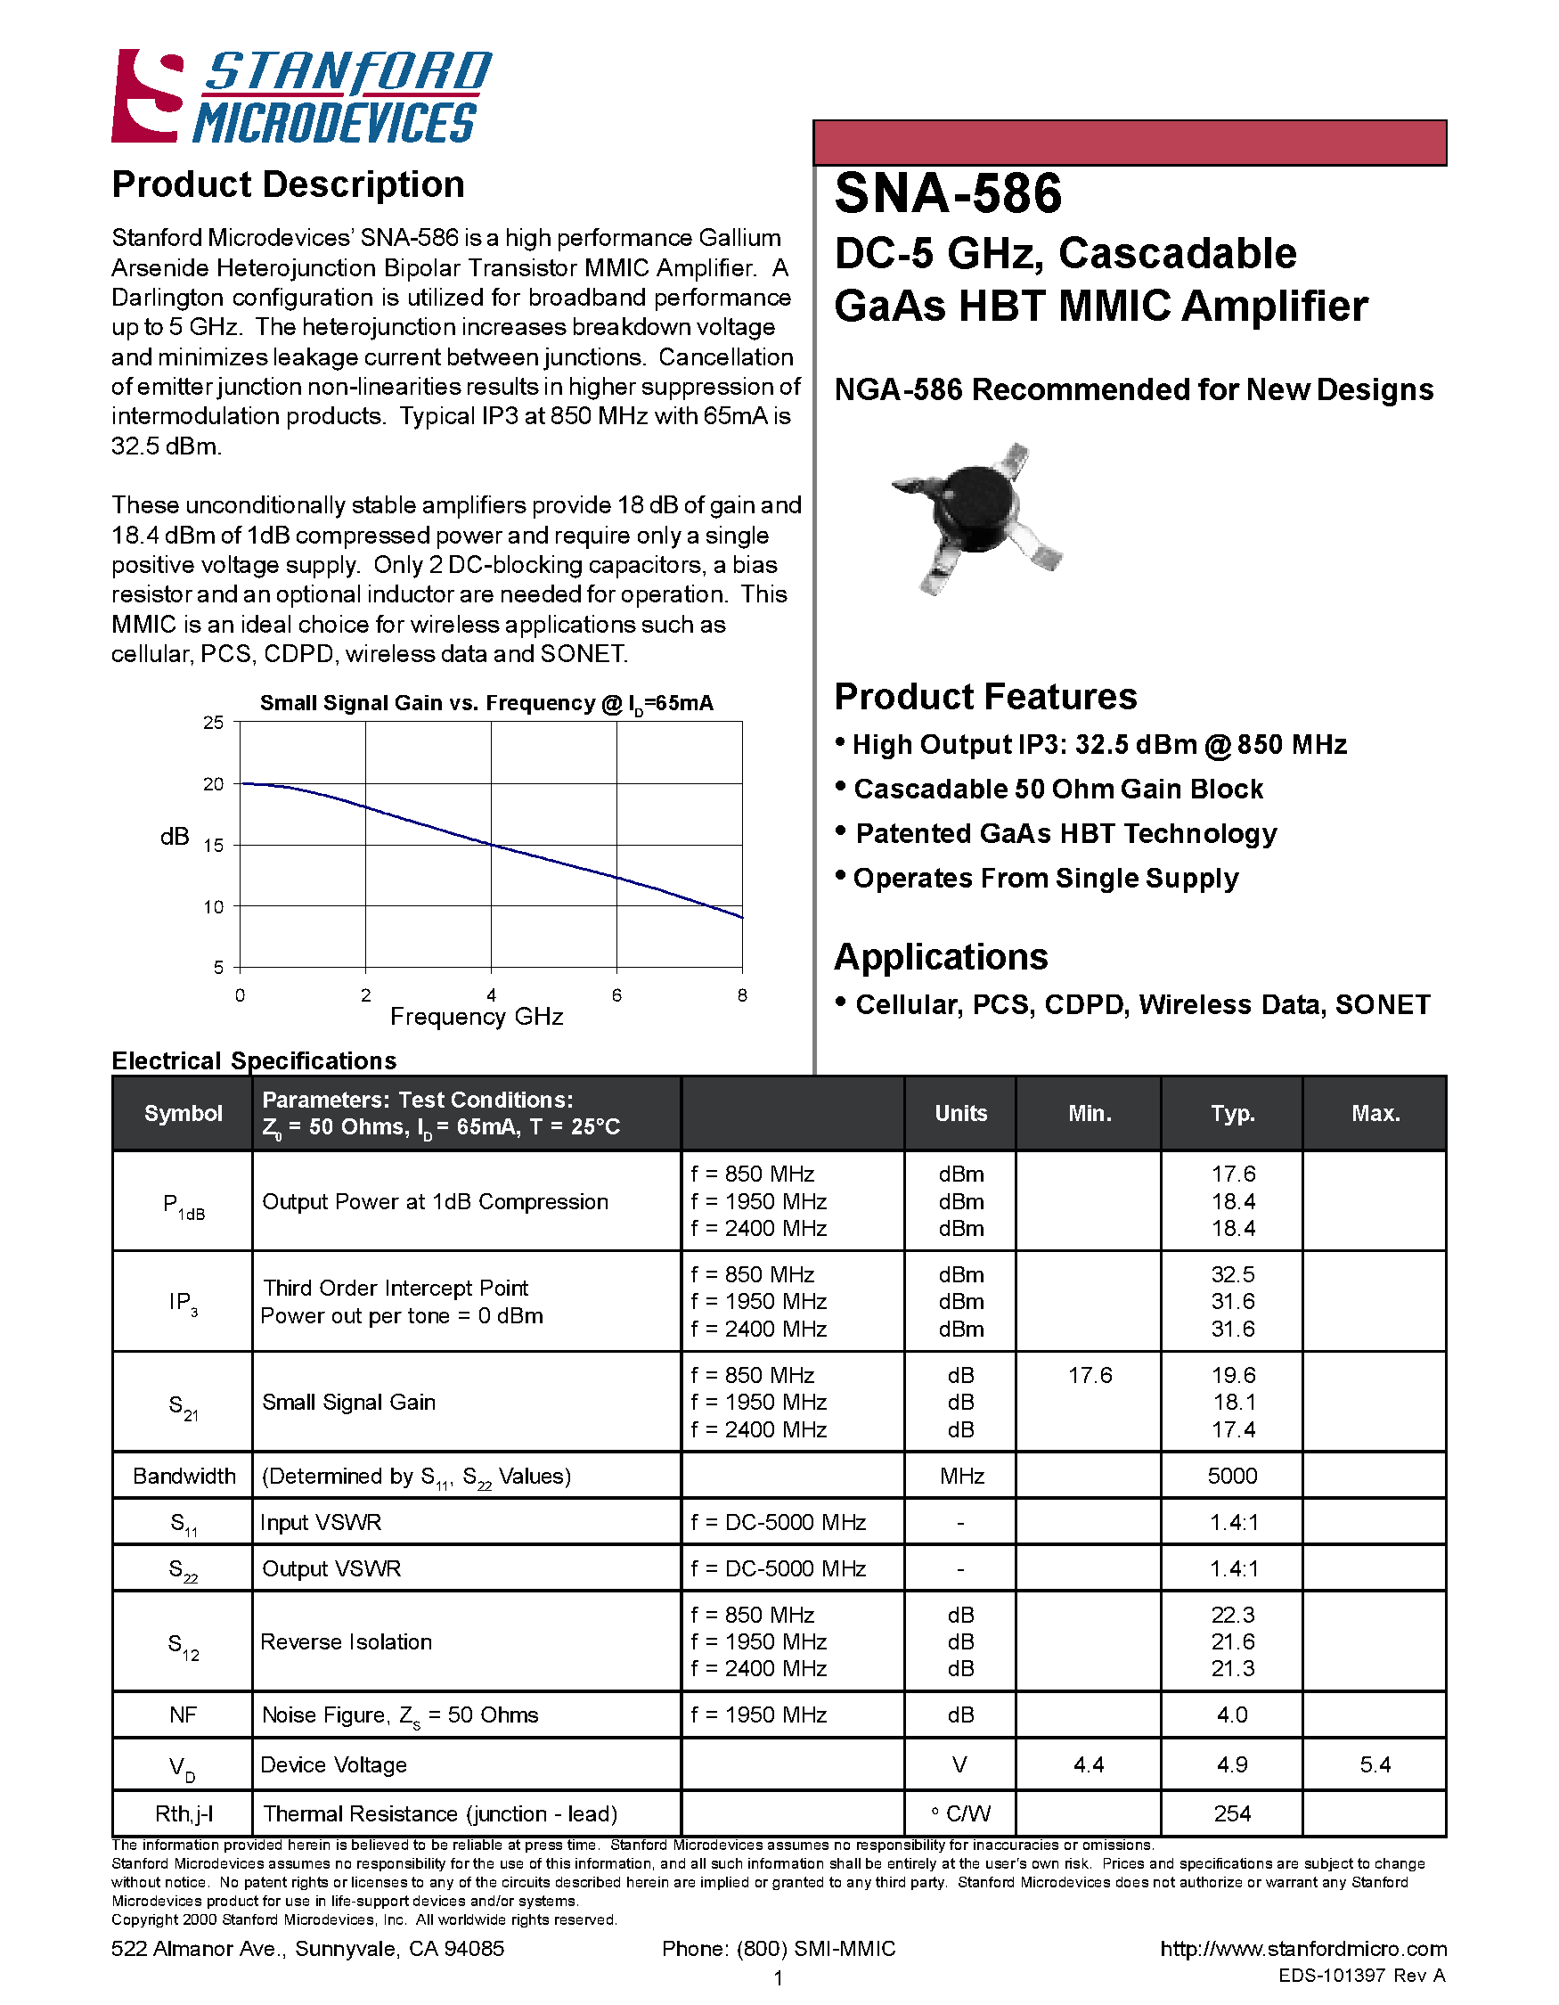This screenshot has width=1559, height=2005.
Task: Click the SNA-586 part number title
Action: tap(947, 193)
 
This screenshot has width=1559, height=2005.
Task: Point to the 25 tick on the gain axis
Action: tap(213, 723)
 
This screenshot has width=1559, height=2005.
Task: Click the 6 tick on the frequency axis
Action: tap(616, 995)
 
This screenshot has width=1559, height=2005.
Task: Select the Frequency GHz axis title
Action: tap(477, 1016)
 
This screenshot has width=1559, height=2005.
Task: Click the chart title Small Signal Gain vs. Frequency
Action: tap(486, 703)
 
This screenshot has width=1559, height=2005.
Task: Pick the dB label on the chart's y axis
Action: tap(175, 837)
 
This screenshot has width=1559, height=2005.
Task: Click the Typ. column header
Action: tap(1231, 1114)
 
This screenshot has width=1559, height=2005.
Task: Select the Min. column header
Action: tap(1090, 1114)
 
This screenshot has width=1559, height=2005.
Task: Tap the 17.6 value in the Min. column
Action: tap(1090, 1375)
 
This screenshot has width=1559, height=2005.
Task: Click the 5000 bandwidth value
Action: tap(1231, 1477)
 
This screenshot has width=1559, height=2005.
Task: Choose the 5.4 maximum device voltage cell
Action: tap(1375, 1764)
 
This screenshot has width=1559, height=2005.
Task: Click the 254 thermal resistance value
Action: tap(1231, 1813)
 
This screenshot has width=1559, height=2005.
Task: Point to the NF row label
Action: tap(183, 1714)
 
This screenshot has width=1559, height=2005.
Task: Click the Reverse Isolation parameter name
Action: tap(346, 1641)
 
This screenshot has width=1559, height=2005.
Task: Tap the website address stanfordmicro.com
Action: tap(1303, 1948)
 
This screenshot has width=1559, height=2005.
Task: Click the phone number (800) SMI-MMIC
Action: tap(778, 1948)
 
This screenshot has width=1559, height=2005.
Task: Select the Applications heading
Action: tap(941, 956)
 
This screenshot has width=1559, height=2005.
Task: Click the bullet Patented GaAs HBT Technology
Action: tap(1065, 833)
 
